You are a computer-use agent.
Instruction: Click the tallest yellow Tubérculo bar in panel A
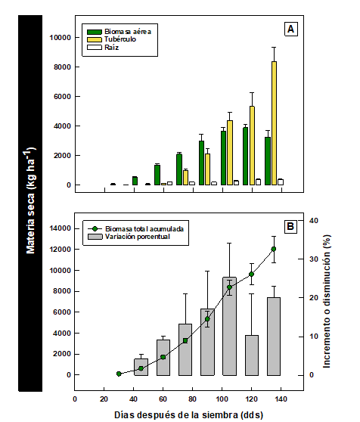point(275,123)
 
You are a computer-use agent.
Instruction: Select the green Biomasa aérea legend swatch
point(95,32)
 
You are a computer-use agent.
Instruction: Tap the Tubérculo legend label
point(120,39)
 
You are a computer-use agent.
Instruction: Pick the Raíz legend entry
point(103,48)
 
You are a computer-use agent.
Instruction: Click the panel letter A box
point(291,29)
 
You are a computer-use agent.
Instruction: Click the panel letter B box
point(290,226)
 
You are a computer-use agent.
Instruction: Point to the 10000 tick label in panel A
point(60,37)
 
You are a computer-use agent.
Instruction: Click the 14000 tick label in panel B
point(60,228)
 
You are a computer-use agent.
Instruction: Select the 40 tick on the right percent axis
point(313,221)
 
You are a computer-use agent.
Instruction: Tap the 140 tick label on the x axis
point(281,399)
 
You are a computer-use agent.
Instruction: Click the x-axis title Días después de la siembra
point(189,414)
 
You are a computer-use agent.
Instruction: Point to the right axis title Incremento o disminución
point(327,302)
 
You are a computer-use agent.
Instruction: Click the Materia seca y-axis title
point(31,200)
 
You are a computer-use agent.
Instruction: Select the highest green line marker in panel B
point(274,249)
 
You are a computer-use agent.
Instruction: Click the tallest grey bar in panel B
point(229,326)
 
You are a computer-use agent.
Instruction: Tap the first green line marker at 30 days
point(119,374)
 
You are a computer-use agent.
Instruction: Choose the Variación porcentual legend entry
point(129,237)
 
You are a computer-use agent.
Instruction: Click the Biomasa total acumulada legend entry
point(136,229)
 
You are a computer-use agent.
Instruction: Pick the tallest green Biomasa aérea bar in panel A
point(245,156)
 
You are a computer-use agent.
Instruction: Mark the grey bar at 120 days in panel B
point(252,355)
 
